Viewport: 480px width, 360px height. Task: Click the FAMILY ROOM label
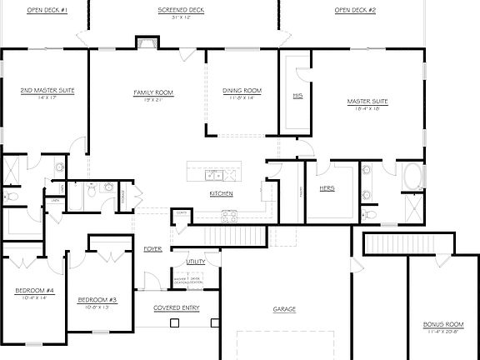tap(152, 92)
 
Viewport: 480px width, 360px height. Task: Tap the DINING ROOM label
tap(242, 90)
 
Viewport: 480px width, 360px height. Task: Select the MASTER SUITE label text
tap(367, 102)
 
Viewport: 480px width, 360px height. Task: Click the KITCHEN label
tap(221, 193)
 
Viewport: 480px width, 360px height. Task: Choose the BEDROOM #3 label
tap(97, 299)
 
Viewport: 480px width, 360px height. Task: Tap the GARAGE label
tap(284, 309)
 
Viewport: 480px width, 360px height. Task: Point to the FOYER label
tap(152, 248)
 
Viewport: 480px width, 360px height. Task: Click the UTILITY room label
tap(196, 262)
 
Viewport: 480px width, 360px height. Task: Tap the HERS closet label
tap(327, 188)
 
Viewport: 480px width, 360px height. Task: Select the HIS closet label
tap(297, 97)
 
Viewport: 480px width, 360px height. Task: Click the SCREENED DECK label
tap(181, 10)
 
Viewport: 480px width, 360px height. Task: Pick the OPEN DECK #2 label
tap(355, 10)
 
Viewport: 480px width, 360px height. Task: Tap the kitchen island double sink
tap(214, 175)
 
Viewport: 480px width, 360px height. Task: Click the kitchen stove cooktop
tap(230, 217)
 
